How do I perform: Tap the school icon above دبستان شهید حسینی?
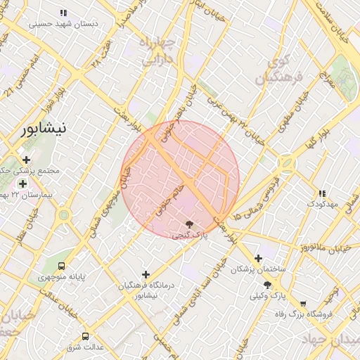tap(64, 13)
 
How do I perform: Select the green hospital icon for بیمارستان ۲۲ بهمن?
tap(23, 184)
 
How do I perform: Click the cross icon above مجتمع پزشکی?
tap(27, 160)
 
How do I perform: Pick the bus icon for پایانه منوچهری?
tap(62, 266)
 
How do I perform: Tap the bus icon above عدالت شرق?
tap(86, 336)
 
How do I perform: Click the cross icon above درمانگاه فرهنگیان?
tap(146, 274)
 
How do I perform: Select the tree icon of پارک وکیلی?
tap(267, 285)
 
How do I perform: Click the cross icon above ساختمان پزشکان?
tap(258, 258)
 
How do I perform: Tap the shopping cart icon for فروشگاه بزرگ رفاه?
tap(303, 304)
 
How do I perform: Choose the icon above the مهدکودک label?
tap(322, 193)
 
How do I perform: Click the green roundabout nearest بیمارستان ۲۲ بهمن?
tap(64, 214)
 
